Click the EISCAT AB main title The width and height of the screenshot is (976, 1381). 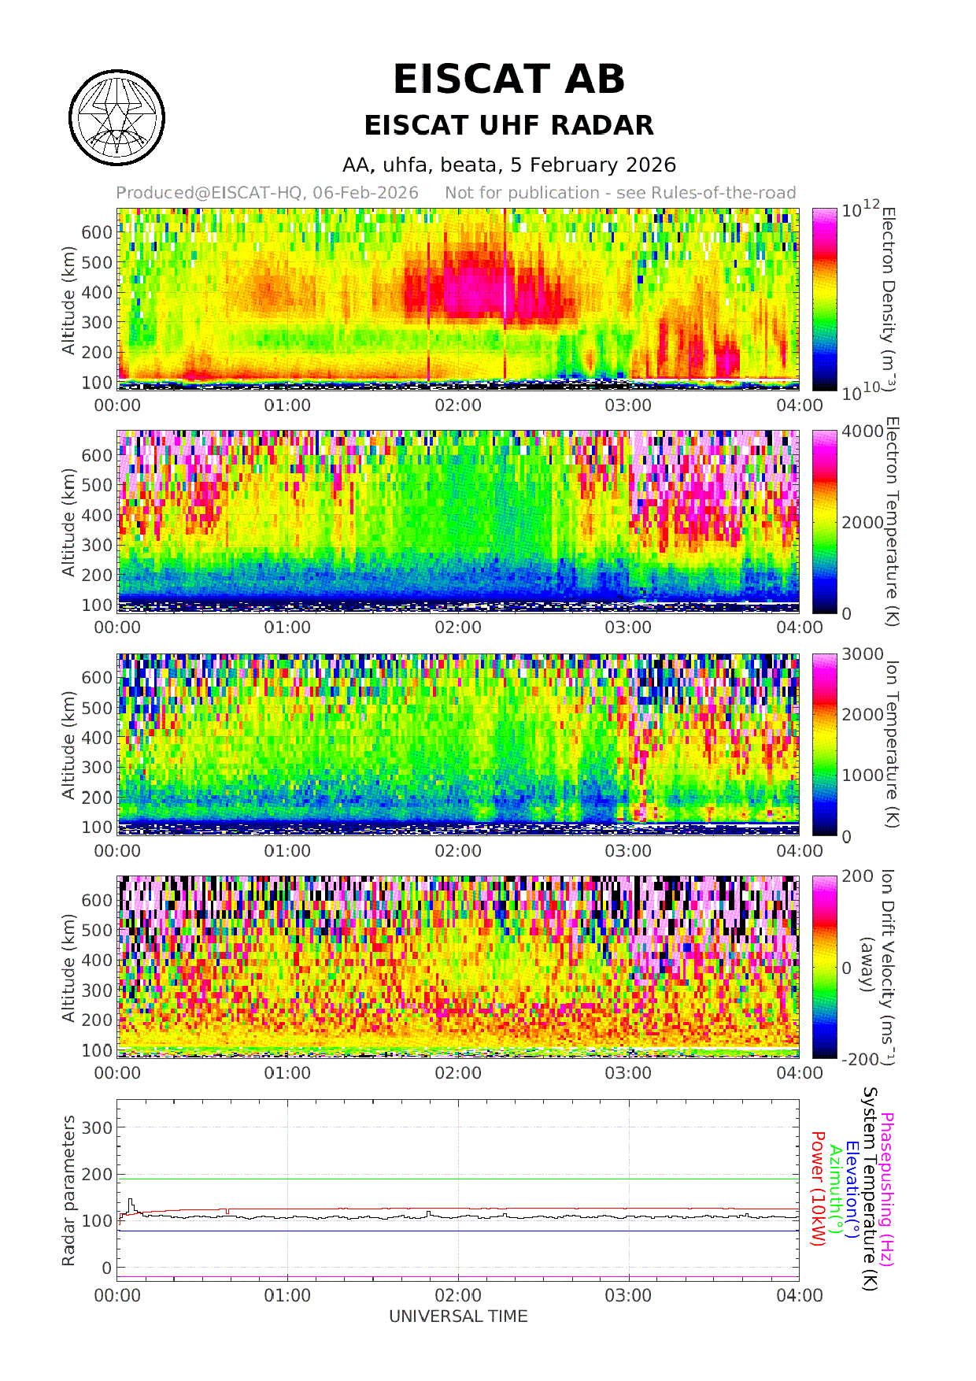pyautogui.click(x=508, y=80)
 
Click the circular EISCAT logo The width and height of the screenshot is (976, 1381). pyautogui.click(x=117, y=118)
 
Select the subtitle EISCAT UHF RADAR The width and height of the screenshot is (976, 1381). pyautogui.click(x=508, y=125)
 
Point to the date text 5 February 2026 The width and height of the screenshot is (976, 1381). pyautogui.click(x=593, y=165)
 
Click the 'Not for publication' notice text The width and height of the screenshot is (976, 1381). pyautogui.click(x=619, y=193)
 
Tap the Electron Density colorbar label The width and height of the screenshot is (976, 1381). pyautogui.click(x=888, y=299)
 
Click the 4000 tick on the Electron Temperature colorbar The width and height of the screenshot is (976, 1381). pyautogui.click(x=863, y=431)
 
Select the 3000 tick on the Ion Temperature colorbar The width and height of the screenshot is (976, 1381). pyautogui.click(x=863, y=654)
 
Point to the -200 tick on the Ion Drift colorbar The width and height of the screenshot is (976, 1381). pyautogui.click(x=860, y=1059)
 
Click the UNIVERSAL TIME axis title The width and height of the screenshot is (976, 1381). pyautogui.click(x=458, y=1316)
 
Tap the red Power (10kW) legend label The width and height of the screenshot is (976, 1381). pyautogui.click(x=818, y=1189)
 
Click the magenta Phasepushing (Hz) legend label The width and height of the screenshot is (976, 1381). pyautogui.click(x=887, y=1189)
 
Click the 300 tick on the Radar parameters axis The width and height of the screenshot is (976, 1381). pyautogui.click(x=97, y=1127)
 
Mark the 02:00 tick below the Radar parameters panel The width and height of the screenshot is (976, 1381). pyautogui.click(x=458, y=1295)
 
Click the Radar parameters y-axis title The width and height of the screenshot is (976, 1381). pyautogui.click(x=69, y=1190)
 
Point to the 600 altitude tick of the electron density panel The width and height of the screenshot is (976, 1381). pyautogui.click(x=97, y=232)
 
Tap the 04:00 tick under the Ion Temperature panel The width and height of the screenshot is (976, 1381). pyautogui.click(x=799, y=850)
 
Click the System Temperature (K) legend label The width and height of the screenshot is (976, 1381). pyautogui.click(x=870, y=1189)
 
